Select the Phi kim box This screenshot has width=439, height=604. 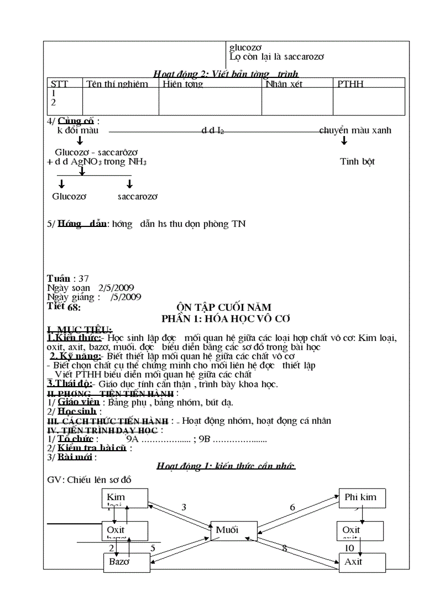click(362, 498)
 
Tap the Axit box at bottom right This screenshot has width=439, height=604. click(362, 562)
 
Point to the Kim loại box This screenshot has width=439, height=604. click(125, 498)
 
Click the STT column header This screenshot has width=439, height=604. click(59, 84)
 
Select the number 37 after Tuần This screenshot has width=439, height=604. click(83, 279)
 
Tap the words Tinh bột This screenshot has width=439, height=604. click(357, 161)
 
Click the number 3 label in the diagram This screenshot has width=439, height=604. click(184, 507)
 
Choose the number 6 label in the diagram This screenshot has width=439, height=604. click(293, 507)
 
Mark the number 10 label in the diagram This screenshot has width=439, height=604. click(350, 548)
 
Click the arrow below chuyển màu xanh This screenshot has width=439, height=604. click(344, 141)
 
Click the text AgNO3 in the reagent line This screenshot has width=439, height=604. click(87, 162)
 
